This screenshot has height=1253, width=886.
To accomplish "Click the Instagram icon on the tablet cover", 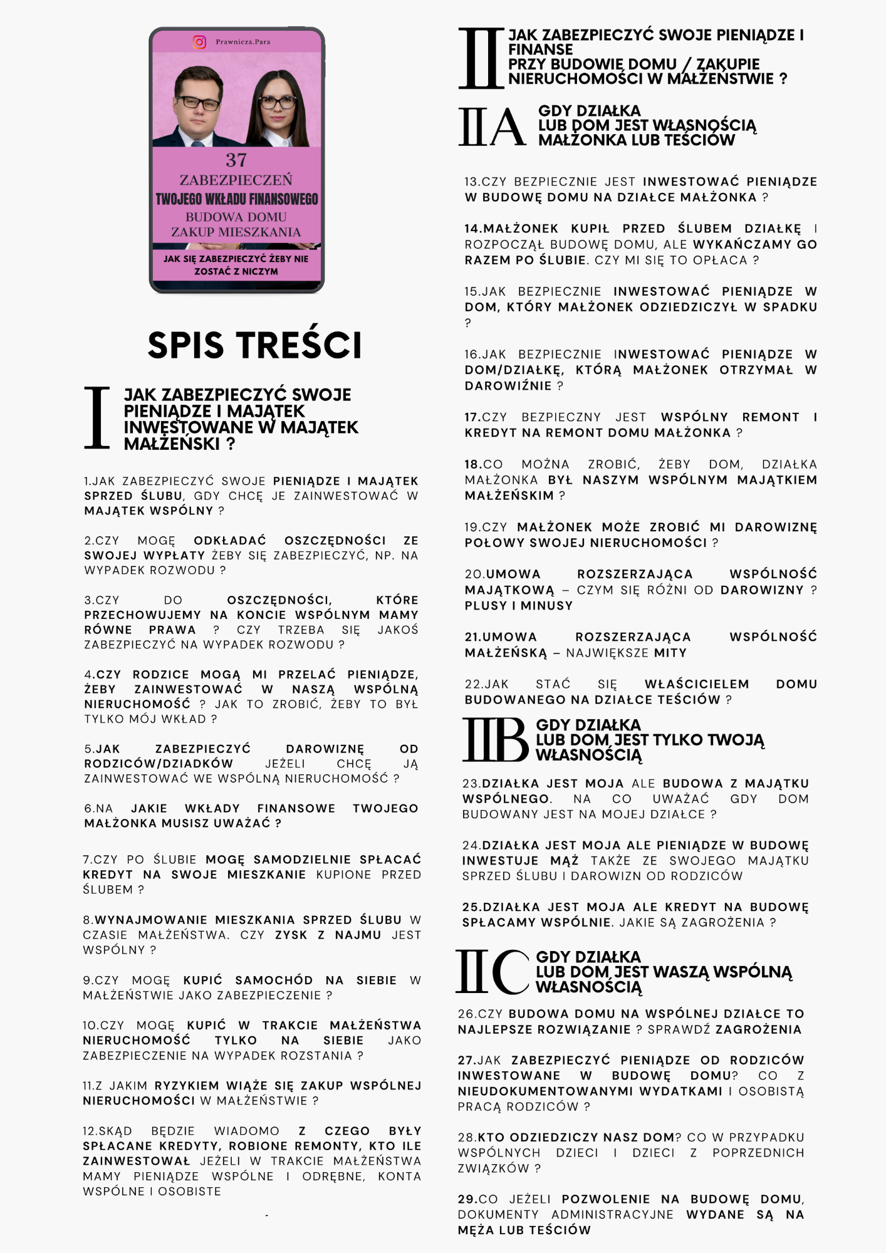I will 199,42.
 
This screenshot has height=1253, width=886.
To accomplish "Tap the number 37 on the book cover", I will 236,160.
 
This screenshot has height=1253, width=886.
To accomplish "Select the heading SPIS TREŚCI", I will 254,345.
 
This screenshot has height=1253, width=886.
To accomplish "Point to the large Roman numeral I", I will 97,418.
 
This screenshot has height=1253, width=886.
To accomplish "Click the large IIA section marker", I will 492,126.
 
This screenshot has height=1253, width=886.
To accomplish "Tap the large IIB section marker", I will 495,740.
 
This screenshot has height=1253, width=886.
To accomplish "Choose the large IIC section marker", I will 493,972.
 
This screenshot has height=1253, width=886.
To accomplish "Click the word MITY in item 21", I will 670,653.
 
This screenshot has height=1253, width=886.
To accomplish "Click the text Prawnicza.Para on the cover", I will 243,42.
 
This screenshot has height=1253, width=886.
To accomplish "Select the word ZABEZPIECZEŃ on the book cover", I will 236,180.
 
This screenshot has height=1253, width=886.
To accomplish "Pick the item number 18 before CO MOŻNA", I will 472,464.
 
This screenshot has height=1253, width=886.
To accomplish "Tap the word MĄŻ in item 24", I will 564,861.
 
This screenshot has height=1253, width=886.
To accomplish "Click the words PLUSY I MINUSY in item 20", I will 519,606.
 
